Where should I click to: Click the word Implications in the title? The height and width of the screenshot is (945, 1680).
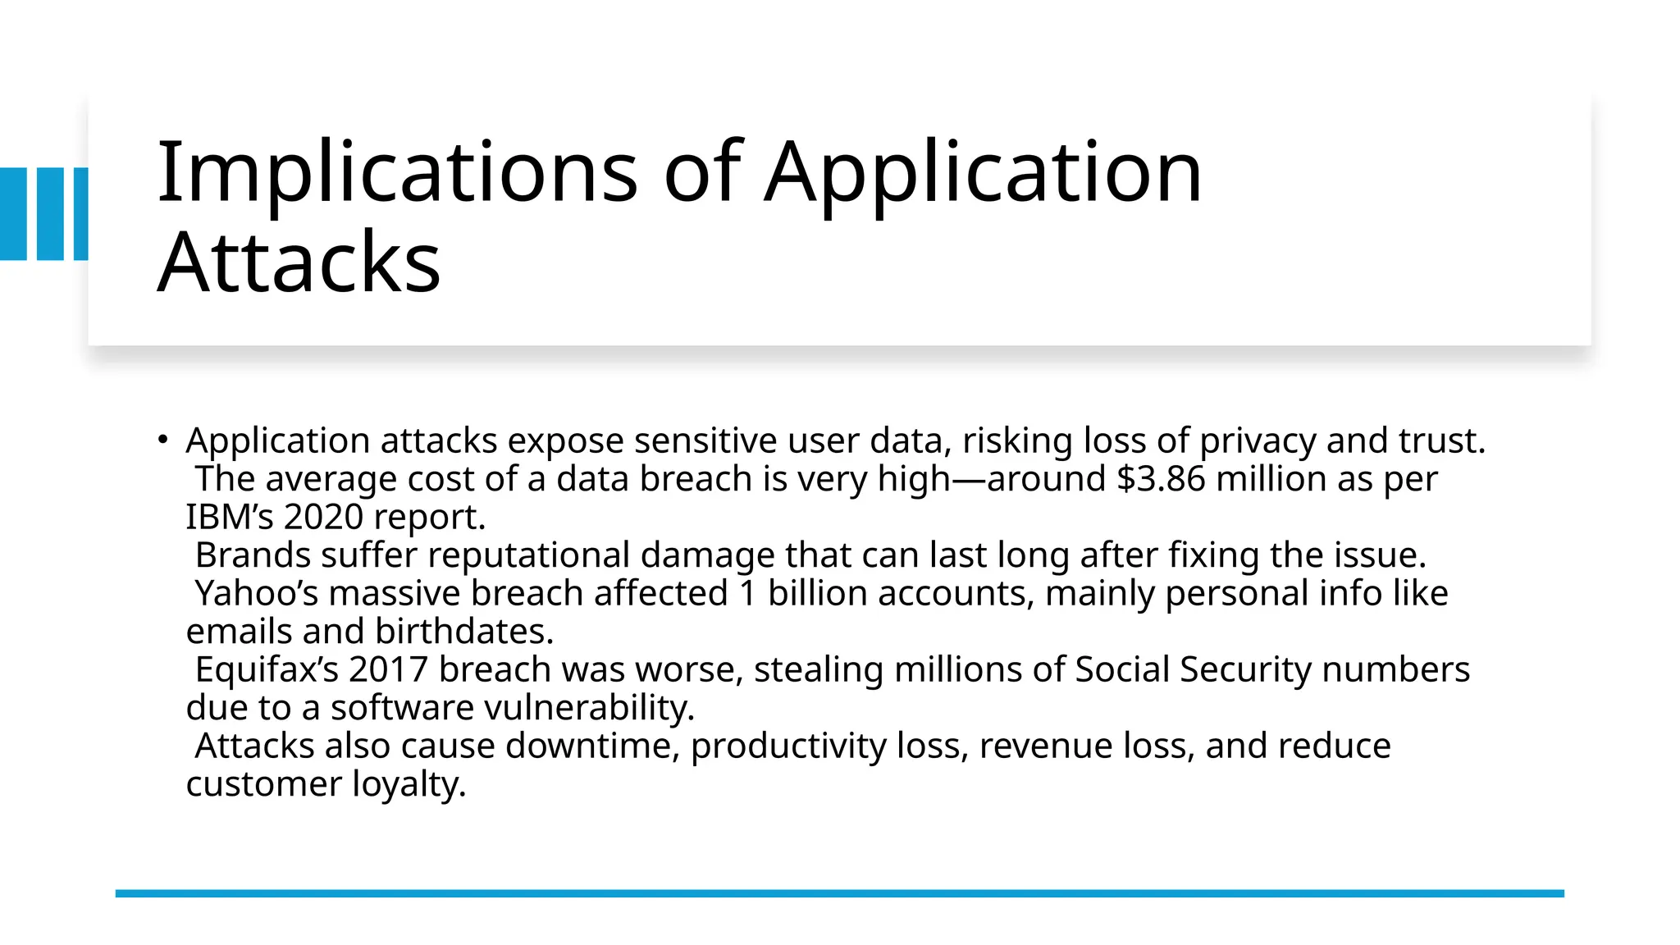(x=397, y=172)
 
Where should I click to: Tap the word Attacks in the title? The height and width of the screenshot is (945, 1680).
(x=299, y=262)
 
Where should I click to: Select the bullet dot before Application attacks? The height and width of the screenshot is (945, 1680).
(x=163, y=440)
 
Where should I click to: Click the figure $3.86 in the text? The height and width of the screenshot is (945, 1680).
(x=1162, y=479)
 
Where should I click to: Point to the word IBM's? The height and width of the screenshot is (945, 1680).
(x=230, y=518)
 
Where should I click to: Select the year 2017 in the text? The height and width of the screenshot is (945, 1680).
(x=388, y=670)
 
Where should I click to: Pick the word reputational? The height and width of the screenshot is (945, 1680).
(x=528, y=556)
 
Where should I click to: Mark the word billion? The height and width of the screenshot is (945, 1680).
(x=817, y=594)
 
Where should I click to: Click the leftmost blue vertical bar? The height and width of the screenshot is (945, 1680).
(x=13, y=214)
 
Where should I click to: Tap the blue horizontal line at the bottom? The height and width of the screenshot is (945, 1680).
(x=839, y=893)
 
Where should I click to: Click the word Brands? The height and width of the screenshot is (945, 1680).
(x=253, y=556)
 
